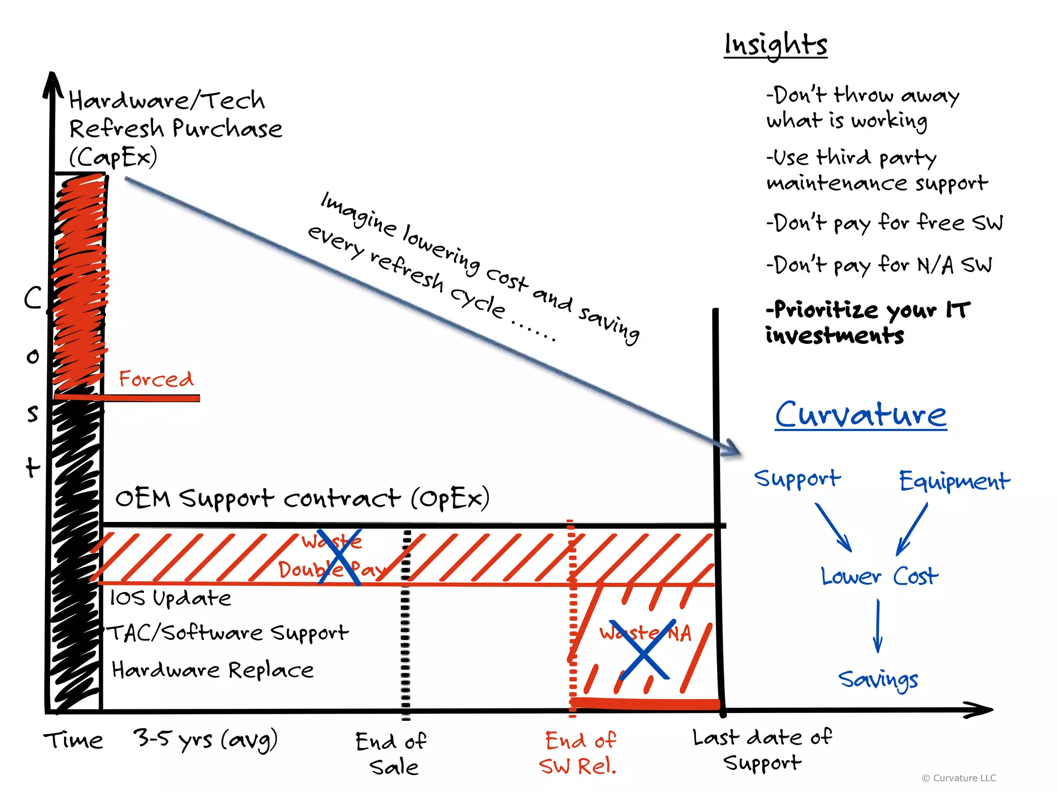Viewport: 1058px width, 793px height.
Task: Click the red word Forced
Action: point(156,379)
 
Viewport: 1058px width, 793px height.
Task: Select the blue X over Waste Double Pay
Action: point(339,557)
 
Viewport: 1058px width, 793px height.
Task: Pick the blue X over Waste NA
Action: point(643,650)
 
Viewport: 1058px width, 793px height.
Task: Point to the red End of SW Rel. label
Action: point(579,753)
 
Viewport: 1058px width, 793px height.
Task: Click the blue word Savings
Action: point(878,679)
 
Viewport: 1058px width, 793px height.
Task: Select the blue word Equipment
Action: point(954,481)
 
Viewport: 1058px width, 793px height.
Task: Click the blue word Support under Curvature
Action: point(797,479)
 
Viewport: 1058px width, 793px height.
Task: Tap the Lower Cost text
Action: point(879,576)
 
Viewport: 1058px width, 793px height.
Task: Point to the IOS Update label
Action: point(170,598)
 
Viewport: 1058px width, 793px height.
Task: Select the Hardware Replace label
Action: point(213,670)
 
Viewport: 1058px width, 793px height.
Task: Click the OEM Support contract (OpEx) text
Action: point(302,499)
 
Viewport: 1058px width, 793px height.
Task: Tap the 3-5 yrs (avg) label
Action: point(205,740)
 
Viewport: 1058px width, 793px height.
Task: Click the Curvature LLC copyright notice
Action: point(959,778)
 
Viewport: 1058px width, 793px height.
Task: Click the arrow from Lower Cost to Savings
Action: point(878,626)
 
